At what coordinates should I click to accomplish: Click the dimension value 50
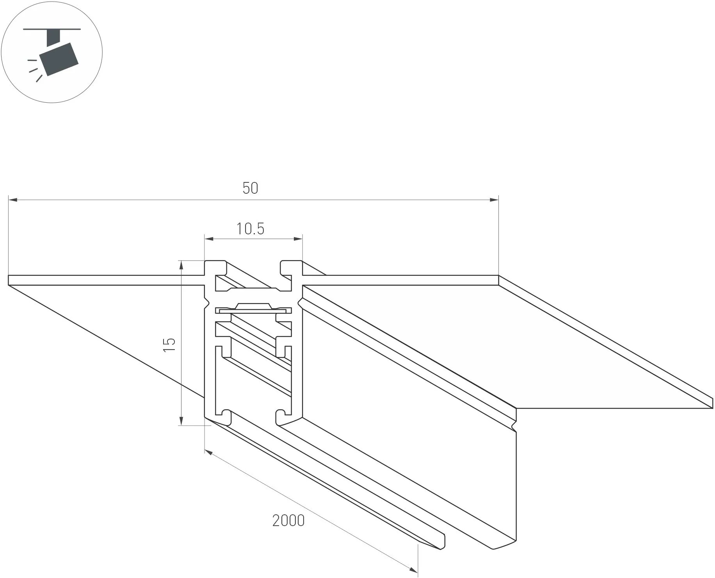point(251,188)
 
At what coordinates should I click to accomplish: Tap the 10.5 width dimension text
point(250,229)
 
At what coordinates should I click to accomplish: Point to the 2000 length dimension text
point(288,521)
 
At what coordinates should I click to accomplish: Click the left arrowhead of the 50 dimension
point(13,200)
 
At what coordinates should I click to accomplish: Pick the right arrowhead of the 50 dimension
point(494,200)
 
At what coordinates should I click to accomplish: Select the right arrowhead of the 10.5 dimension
point(298,238)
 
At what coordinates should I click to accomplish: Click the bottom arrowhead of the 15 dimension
point(181,420)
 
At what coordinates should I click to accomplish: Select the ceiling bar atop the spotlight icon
point(52,29)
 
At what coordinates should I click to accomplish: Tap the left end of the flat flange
point(9,280)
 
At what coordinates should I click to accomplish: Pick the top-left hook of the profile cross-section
point(216,268)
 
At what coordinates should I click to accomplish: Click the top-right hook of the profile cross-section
point(291,268)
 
